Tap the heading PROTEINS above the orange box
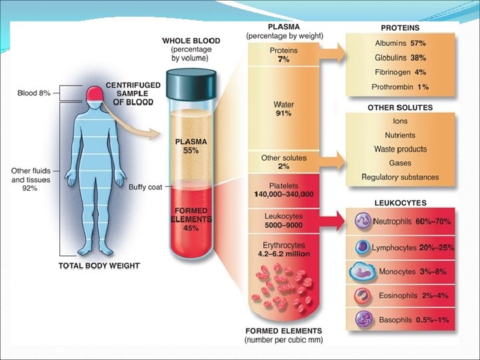click(x=400, y=29)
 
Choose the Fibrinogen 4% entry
click(x=400, y=72)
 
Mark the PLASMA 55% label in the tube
click(x=191, y=146)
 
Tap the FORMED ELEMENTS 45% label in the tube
click(x=191, y=219)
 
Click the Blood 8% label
click(x=34, y=93)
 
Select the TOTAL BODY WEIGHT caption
click(x=99, y=265)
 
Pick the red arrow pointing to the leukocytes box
click(x=333, y=219)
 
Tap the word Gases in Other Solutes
click(x=400, y=163)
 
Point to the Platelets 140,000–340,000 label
click(x=284, y=190)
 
